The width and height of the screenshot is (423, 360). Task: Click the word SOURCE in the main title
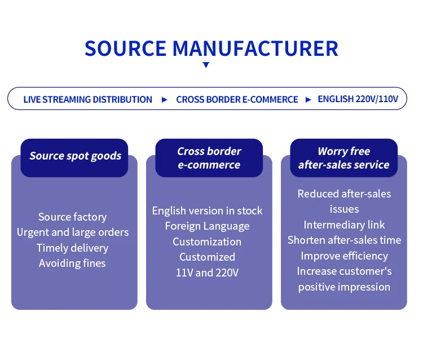126,49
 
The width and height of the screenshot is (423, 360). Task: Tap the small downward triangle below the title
206,65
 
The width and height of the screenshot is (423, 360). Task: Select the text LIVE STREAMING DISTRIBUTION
87,99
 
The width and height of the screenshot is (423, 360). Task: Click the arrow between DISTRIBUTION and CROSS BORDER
164,99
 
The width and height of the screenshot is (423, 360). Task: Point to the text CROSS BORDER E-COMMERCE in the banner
237,99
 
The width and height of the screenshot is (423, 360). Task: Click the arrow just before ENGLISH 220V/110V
309,99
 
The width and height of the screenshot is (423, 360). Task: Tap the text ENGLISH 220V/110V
358,99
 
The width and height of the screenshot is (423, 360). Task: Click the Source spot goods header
75,156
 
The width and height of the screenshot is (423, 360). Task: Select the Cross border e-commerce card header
209,158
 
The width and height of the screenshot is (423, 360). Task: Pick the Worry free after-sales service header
343,158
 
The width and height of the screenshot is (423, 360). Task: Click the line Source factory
72,217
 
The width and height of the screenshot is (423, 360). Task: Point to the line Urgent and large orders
73,232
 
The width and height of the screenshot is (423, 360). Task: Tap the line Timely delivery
72,248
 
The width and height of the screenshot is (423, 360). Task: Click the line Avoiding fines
72,263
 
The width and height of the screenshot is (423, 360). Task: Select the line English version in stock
207,210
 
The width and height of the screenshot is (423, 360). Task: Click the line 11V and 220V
207,273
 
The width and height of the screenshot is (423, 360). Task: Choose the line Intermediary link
344,225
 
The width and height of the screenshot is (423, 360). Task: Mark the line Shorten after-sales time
344,240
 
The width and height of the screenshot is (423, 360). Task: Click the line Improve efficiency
344,256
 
